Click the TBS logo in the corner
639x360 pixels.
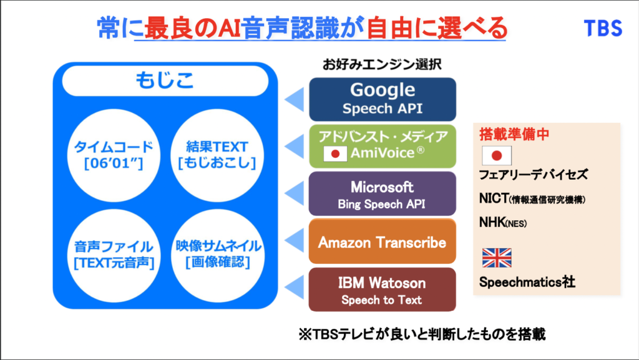[602, 28]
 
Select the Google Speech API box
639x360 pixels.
[383, 99]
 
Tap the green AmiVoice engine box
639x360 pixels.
[383, 145]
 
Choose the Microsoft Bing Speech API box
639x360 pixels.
[383, 194]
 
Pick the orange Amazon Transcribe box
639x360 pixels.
[383, 242]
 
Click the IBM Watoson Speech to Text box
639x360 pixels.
[383, 289]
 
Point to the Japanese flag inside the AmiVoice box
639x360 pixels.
[335, 153]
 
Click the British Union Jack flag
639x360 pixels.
[496, 258]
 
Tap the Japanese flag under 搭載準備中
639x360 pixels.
[496, 155]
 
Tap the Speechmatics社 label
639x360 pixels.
[526, 282]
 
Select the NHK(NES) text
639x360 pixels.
[502, 222]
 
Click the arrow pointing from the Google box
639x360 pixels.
[294, 99]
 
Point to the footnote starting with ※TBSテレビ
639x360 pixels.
[422, 334]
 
